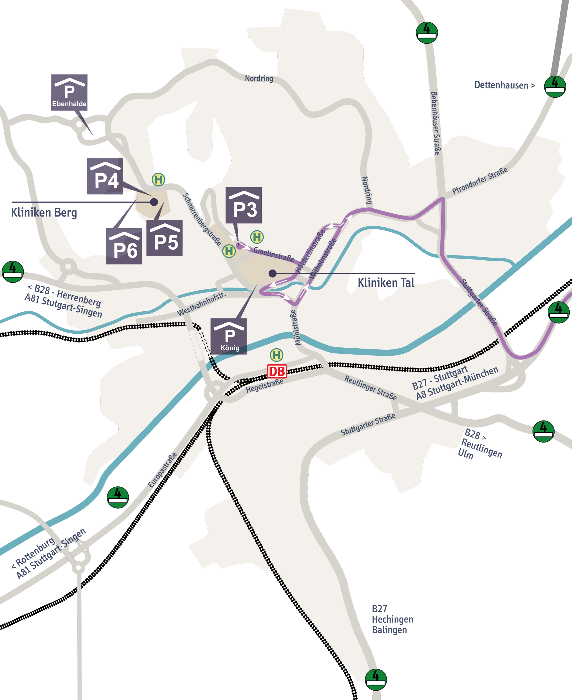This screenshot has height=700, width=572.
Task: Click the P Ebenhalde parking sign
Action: pyautogui.click(x=69, y=92)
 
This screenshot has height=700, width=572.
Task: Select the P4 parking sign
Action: pyautogui.click(x=105, y=176)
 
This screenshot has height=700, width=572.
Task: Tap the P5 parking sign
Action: pyautogui.click(x=164, y=238)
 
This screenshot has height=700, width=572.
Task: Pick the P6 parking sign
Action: pyautogui.click(x=124, y=246)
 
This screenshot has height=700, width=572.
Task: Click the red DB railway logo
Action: pyautogui.click(x=277, y=371)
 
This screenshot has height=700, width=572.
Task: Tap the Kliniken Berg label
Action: pyautogui.click(x=44, y=213)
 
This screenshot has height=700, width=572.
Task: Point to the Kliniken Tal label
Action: pyautogui.click(x=386, y=282)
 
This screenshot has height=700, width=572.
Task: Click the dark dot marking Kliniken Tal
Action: pyautogui.click(x=273, y=273)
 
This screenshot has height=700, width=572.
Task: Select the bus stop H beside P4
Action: pyautogui.click(x=158, y=180)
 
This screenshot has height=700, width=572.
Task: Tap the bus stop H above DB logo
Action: pyautogui.click(x=277, y=355)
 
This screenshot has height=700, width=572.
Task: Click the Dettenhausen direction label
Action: pyautogui.click(x=505, y=85)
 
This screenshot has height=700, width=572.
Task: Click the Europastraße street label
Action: pyautogui.click(x=162, y=470)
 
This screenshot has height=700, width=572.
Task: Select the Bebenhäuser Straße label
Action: pyautogui.click(x=436, y=123)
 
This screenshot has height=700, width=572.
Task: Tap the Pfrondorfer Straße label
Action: pyautogui.click(x=479, y=180)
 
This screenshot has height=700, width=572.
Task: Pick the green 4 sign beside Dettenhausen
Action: pyautogui.click(x=555, y=86)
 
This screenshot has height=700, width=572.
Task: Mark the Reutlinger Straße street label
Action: pyautogui.click(x=370, y=388)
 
